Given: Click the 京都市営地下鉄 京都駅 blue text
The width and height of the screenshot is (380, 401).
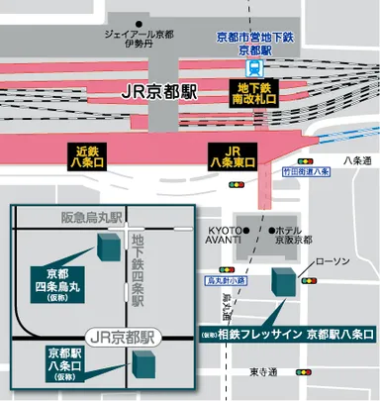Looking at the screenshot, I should tap(256, 43).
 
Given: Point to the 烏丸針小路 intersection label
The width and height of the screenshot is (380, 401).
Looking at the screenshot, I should tap(225, 281).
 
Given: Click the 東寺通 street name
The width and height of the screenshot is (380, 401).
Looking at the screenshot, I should tap(263, 371).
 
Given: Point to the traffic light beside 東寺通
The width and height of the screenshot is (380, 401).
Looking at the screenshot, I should tap(301, 372).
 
